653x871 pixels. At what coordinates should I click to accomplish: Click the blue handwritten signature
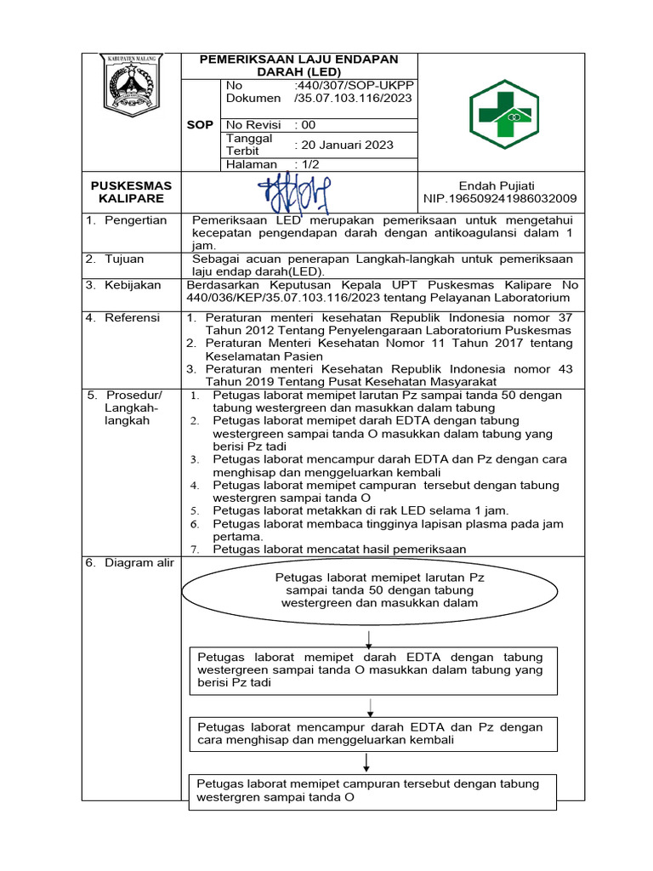299,193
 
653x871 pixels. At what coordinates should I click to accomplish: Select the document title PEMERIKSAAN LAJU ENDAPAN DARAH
298,65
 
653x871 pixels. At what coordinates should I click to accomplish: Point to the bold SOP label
200,125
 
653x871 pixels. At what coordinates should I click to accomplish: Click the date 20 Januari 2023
344,145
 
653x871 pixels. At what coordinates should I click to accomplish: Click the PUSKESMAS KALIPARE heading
132,192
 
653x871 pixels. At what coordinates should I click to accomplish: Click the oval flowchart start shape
371,591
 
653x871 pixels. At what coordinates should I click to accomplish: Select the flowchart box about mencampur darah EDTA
371,734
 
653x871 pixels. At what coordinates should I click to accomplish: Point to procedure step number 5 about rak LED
361,510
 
